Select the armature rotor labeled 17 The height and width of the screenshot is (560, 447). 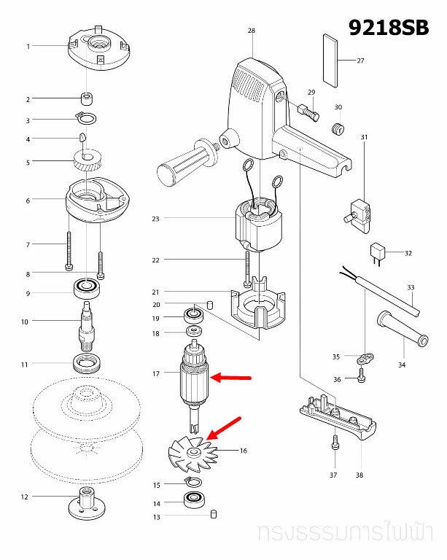[194, 377]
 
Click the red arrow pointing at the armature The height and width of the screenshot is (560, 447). [232, 378]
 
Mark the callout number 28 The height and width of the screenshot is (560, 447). [252, 31]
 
